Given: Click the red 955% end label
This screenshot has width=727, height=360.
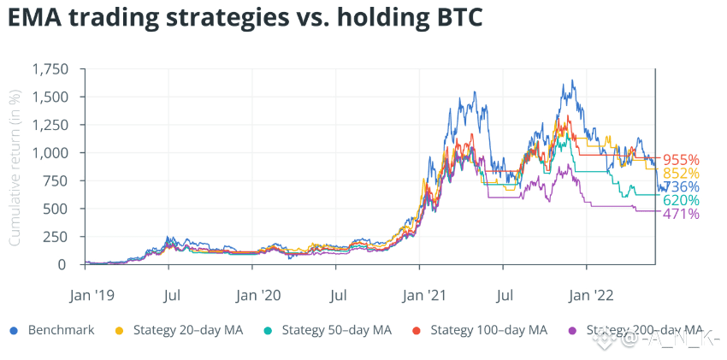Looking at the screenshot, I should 682,160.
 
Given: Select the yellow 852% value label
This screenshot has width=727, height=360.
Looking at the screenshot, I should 682,174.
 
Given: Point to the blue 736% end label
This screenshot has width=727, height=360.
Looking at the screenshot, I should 682,187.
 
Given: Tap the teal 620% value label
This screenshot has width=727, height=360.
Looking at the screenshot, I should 682,201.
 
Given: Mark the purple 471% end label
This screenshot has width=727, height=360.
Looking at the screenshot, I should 682,214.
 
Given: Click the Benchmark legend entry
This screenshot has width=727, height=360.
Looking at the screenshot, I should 56,330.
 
